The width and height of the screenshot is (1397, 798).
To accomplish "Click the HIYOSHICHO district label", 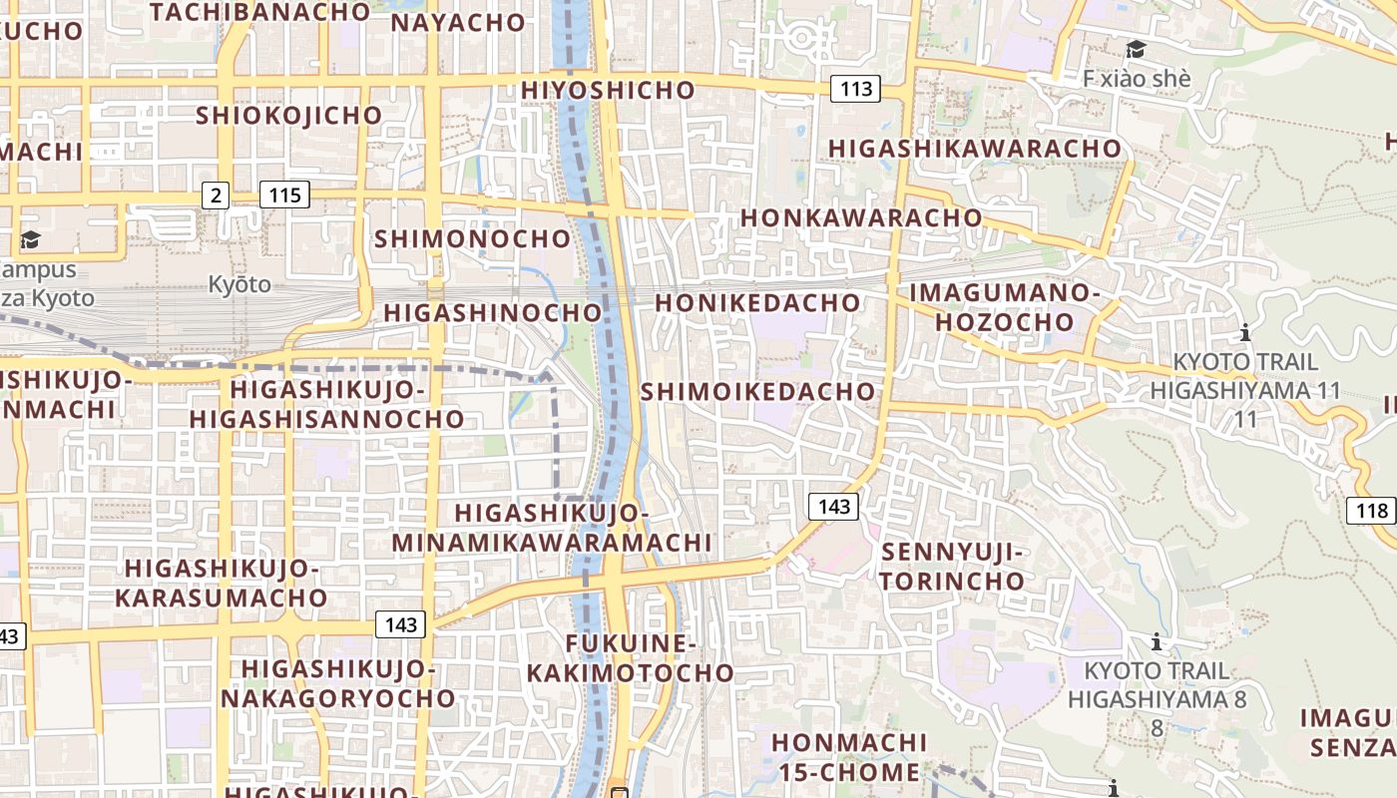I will pyautogui.click(x=608, y=91).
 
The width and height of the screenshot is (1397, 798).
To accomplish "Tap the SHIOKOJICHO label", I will pyautogui.click(x=289, y=116).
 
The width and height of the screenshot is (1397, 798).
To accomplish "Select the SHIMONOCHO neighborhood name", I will pyautogui.click(x=472, y=239).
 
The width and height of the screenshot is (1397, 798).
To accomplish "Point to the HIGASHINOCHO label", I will pyautogui.click(x=494, y=313).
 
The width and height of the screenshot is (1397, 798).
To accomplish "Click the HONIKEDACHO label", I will pyautogui.click(x=757, y=303).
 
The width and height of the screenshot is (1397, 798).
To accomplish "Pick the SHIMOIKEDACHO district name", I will pyautogui.click(x=758, y=391).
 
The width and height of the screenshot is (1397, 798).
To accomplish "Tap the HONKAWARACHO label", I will pyautogui.click(x=861, y=217).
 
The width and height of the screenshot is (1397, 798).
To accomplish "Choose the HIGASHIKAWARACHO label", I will pyautogui.click(x=975, y=149).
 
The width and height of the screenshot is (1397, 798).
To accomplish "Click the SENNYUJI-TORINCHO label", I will pyautogui.click(x=953, y=567).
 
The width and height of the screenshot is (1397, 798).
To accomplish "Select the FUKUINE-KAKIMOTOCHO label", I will pyautogui.click(x=631, y=658).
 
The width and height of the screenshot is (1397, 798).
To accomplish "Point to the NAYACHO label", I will pyautogui.click(x=458, y=23).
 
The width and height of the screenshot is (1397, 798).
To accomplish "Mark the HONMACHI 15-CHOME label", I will pyautogui.click(x=849, y=757).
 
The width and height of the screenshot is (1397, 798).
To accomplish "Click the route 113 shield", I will pyautogui.click(x=856, y=89).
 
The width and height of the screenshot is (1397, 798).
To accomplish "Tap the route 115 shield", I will pyautogui.click(x=284, y=195).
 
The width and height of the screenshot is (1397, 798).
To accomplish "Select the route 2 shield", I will pyautogui.click(x=216, y=195).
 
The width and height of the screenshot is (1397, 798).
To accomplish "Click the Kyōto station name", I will pyautogui.click(x=239, y=284).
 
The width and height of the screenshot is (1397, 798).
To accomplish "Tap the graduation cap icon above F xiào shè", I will pyautogui.click(x=1136, y=50).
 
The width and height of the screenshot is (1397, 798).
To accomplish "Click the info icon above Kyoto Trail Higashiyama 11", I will pyautogui.click(x=1244, y=332).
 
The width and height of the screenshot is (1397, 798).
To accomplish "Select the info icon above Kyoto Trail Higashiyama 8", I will pyautogui.click(x=1157, y=640).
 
